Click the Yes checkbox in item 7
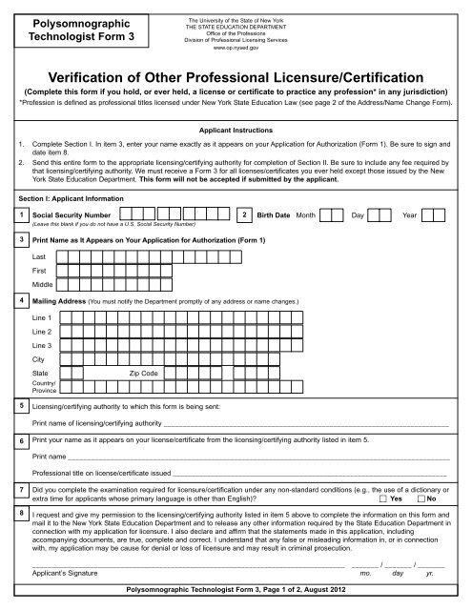(383, 499)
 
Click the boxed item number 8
(21, 514)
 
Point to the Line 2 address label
(43, 330)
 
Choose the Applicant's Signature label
(64, 576)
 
